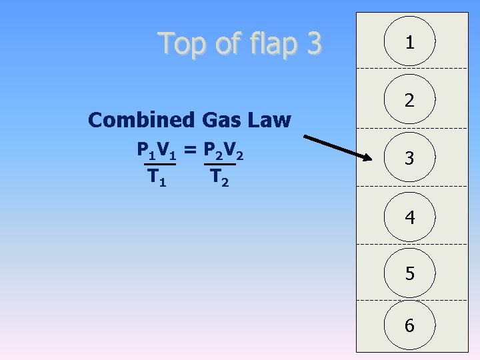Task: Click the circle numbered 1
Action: pos(409,43)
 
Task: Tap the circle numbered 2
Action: pos(409,101)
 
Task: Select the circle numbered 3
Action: pos(409,159)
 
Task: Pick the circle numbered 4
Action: pos(409,217)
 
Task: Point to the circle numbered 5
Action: pos(409,273)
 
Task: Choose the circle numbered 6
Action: pos(409,325)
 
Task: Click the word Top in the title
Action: pos(182,43)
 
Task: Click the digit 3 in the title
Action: pos(311,43)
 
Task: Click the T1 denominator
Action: pos(157,177)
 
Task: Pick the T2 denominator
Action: pos(219,177)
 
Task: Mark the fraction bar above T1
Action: pos(160,164)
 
